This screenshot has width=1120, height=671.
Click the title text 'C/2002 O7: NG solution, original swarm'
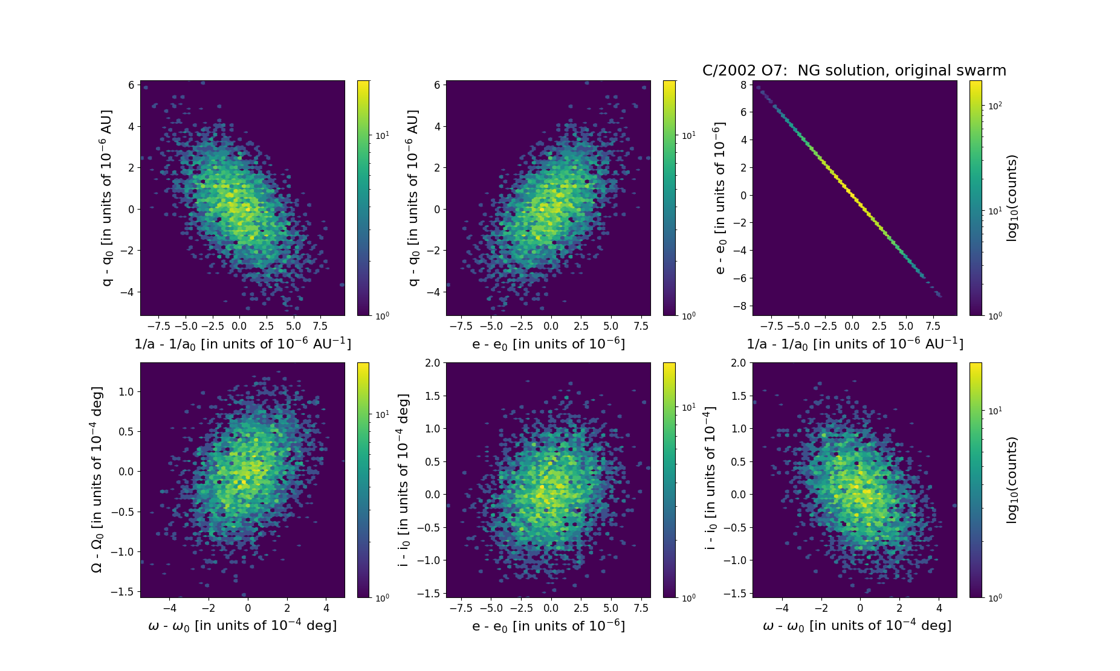[854, 71]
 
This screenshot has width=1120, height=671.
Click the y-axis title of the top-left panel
[107, 197]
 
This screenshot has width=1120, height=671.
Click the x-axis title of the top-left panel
[242, 344]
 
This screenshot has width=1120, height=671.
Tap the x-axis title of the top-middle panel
[548, 344]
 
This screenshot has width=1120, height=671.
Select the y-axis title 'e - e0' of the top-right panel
[719, 197]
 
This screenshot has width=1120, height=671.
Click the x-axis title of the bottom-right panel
[857, 626]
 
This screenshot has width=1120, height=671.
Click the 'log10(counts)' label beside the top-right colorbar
[1012, 198]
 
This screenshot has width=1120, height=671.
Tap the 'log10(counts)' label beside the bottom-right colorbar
[1012, 480]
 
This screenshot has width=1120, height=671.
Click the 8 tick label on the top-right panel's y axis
[743, 85]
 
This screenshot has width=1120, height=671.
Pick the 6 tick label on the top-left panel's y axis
[131, 85]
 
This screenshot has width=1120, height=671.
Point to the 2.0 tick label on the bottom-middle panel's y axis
[432, 363]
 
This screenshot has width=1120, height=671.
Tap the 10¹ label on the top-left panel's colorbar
[382, 135]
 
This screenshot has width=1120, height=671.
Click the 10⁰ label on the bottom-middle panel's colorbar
[688, 598]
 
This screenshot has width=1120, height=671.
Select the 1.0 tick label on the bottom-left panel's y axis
[125, 391]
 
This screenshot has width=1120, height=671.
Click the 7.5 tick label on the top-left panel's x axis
[320, 326]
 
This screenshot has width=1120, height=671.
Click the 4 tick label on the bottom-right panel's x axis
[939, 608]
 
